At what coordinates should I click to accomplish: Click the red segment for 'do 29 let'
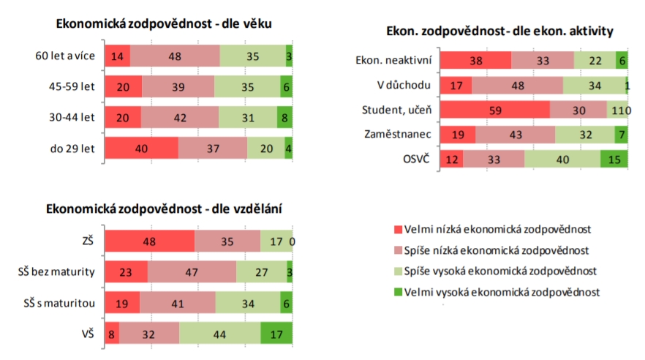pos(141,148)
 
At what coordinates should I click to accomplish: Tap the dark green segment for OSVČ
pos(614,159)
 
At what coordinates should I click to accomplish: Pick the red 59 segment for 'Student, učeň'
pos(494,110)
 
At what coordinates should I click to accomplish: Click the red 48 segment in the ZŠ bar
pos(150,241)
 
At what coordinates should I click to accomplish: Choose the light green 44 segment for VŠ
pos(219,333)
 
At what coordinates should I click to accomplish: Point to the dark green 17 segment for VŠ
pos(276,333)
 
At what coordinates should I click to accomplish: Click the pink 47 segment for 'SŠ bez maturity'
pos(192,271)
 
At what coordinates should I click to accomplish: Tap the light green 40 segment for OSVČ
pos(562,159)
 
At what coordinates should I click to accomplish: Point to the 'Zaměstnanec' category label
pos(397,135)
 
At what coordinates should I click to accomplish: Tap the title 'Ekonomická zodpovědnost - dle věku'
pos(164,23)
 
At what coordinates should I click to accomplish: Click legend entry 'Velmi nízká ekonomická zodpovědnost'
pos(497,229)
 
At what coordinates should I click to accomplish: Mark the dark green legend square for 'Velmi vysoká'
pos(398,292)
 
